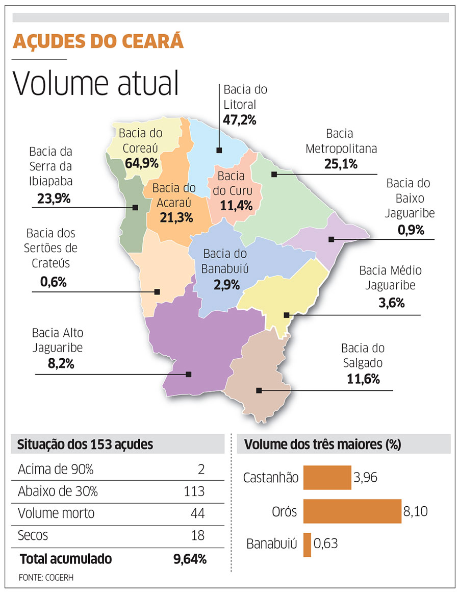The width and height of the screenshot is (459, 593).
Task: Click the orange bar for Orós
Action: tap(352, 511)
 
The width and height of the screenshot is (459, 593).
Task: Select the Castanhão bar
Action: tap(327, 478)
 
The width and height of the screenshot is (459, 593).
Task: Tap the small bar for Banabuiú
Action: tap(307, 545)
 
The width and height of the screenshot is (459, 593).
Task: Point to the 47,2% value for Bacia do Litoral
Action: tap(239, 120)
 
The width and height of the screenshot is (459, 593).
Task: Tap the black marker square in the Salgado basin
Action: tap(259, 390)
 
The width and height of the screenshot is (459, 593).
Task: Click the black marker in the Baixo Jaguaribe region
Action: tap(331, 239)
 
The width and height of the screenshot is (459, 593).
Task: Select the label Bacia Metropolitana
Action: tap(341, 141)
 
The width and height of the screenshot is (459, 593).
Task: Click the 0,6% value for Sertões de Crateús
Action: tap(54, 281)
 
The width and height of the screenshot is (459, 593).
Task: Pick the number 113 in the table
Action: tap(194, 491)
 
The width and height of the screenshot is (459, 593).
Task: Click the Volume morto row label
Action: tap(56, 513)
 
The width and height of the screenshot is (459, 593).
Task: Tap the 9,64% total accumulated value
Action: tap(190, 559)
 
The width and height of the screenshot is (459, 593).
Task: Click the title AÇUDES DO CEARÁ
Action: tap(98, 41)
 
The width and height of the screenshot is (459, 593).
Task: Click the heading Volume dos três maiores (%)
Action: tap(322, 444)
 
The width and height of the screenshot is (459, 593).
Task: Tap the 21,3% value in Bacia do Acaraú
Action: tap(175, 217)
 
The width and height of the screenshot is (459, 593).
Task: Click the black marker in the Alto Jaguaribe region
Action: tap(188, 374)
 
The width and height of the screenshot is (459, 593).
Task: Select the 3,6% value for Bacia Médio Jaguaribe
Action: tap(392, 303)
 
